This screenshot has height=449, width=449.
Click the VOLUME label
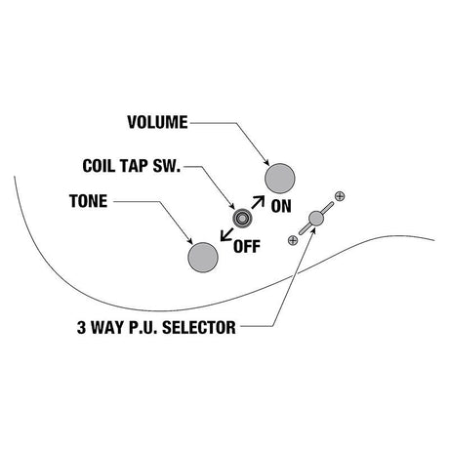coord(157,122)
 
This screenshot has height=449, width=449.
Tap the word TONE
coord(89,201)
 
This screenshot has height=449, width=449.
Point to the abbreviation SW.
coord(167,166)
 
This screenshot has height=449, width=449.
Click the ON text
coord(281,206)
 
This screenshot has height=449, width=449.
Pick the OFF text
coord(247,247)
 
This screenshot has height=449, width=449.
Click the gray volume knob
coord(280,179)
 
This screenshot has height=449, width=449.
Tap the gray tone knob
coord(203,258)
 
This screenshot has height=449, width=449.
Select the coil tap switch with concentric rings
coord(242,219)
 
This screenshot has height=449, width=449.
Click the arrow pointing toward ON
coord(258,202)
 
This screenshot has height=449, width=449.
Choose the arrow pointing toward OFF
coord(226,234)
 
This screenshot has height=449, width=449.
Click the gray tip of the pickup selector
coord(316,219)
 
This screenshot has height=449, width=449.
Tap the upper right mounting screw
coord(340,196)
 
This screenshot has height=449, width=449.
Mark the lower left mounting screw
coord(293,240)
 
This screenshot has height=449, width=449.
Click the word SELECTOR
coord(199,327)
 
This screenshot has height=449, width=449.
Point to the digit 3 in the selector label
coord(81,327)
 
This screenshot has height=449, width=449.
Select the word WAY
coord(107,327)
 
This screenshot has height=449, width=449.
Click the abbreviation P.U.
coord(143,327)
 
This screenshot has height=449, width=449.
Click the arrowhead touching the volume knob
coord(266,162)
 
